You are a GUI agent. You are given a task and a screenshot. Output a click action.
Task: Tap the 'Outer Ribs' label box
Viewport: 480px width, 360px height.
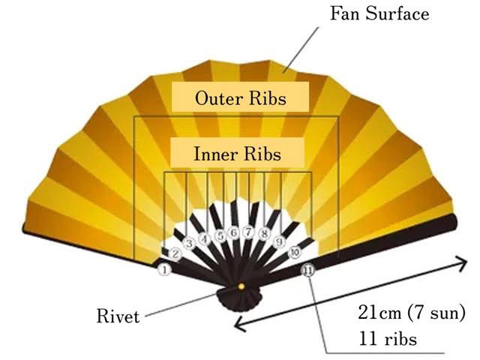pyautogui.click(x=240, y=97)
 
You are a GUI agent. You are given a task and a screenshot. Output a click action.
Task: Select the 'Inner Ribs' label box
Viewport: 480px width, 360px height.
pyautogui.click(x=237, y=154)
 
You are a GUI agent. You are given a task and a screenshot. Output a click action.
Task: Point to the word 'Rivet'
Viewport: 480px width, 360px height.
pyautogui.click(x=118, y=316)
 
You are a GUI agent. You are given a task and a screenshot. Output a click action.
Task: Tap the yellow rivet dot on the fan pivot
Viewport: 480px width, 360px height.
pyautogui.click(x=241, y=286)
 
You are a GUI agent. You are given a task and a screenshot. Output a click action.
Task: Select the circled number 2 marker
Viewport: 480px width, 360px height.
pyautogui.click(x=175, y=254)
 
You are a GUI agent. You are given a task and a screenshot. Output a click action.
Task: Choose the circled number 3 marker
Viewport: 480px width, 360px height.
pyautogui.click(x=189, y=243)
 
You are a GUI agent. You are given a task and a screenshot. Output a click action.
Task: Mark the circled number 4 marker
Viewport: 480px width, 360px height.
pyautogui.click(x=203, y=237)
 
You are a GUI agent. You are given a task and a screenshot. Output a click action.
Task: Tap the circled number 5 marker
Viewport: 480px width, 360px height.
pyautogui.click(x=219, y=234)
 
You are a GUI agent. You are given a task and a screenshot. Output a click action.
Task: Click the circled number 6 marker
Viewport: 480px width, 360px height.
pyautogui.click(x=233, y=233)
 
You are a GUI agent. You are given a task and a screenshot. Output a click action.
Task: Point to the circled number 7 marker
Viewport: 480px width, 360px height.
pyautogui.click(x=247, y=233)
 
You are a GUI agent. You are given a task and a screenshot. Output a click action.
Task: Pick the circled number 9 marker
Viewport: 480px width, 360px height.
pyautogui.click(x=278, y=241)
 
